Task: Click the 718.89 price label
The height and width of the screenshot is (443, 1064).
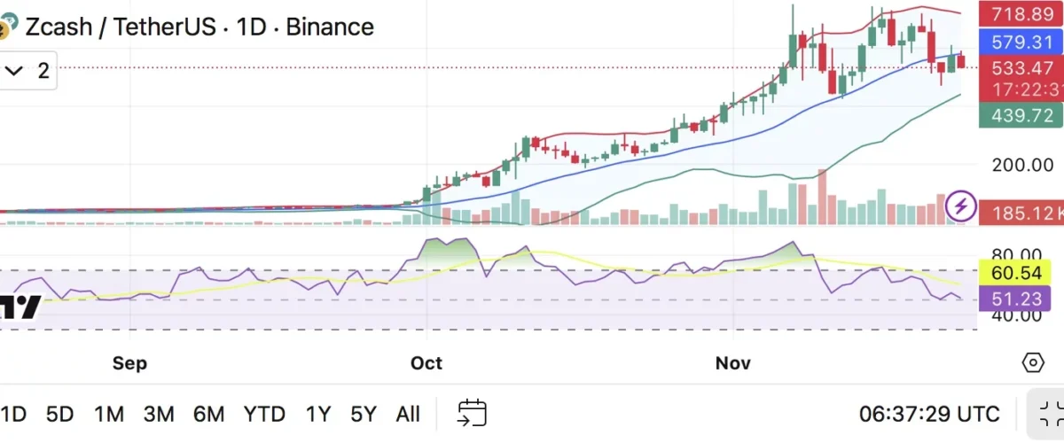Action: [1020, 14]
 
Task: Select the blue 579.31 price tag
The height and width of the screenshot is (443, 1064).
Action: [1020, 42]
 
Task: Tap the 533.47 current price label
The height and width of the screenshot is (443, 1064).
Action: [1020, 68]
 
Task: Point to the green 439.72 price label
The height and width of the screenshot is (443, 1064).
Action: [1020, 116]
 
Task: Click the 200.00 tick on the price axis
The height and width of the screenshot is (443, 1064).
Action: [1022, 165]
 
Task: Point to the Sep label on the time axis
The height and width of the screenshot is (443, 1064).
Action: [129, 363]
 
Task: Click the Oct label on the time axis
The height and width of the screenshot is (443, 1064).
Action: [426, 363]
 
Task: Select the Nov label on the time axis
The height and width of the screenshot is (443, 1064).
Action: [733, 363]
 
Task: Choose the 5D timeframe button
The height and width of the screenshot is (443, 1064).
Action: [60, 414]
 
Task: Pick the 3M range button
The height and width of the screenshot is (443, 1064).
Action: [159, 414]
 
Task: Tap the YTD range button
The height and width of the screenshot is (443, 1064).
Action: [264, 414]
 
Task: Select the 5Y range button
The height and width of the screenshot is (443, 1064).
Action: [364, 414]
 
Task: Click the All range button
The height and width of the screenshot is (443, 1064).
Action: [408, 414]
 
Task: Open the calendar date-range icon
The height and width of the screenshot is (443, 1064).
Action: [472, 413]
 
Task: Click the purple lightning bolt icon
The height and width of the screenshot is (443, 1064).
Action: [961, 206]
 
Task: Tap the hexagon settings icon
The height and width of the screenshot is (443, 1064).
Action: [1033, 363]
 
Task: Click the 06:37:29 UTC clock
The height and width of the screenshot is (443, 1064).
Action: [928, 414]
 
